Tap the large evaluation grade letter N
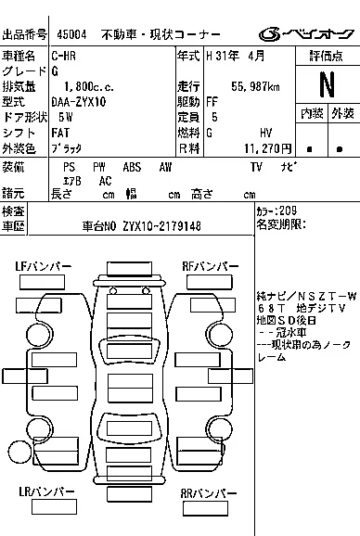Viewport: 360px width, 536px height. pos(326,84)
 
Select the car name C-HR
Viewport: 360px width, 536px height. pos(66,57)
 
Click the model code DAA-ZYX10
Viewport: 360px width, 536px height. pos(79,102)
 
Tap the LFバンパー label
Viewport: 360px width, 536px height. pos(44,267)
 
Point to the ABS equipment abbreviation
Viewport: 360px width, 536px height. pos(133,167)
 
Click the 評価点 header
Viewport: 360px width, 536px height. pos(326,57)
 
